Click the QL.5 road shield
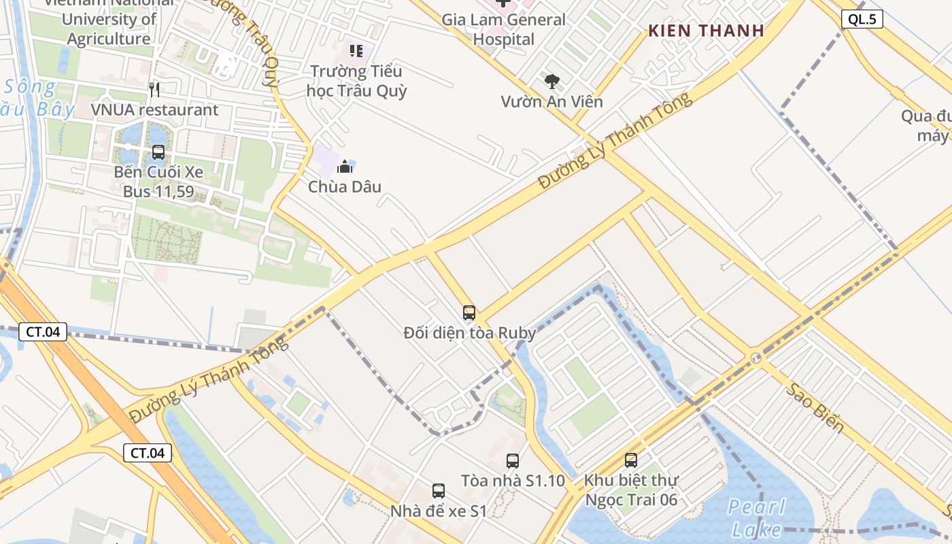pyautogui.click(x=862, y=19)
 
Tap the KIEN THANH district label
pyautogui.click(x=706, y=31)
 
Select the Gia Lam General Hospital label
pyautogui.click(x=503, y=29)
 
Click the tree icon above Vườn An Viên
pyautogui.click(x=552, y=82)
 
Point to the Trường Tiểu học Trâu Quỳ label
pyautogui.click(x=356, y=81)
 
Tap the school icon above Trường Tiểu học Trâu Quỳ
pyautogui.click(x=356, y=50)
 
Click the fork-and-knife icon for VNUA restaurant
pyautogui.click(x=154, y=89)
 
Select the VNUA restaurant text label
pyautogui.click(x=155, y=109)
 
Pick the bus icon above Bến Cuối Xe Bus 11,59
pyautogui.click(x=158, y=152)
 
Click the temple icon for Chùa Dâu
pyautogui.click(x=345, y=166)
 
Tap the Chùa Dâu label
pyautogui.click(x=345, y=186)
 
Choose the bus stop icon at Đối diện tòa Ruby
pyautogui.click(x=469, y=313)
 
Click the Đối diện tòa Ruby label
pyautogui.click(x=470, y=333)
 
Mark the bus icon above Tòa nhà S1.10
pyautogui.click(x=513, y=460)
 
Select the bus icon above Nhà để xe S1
pyautogui.click(x=439, y=490)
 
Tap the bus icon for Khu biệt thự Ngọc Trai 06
pyautogui.click(x=631, y=460)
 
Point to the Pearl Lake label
pyautogui.click(x=756, y=517)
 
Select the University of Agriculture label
pyautogui.click(x=109, y=29)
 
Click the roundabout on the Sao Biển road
pyautogui.click(x=755, y=358)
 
